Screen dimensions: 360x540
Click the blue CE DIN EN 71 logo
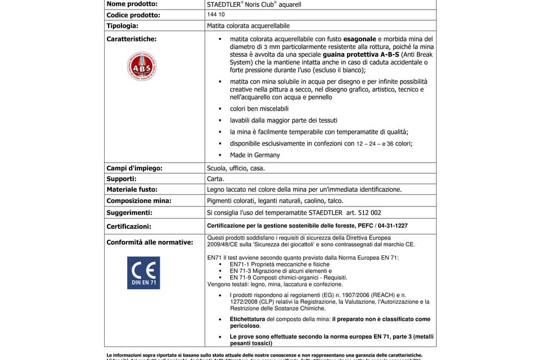click(143, 273)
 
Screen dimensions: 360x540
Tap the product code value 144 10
click(216, 15)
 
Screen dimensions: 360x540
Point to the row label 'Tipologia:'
click(122, 26)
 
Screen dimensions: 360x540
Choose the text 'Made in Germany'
click(255, 155)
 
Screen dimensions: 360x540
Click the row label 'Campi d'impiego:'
click(134, 168)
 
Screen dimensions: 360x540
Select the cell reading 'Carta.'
click(216, 179)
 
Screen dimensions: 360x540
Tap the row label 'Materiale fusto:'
click(132, 190)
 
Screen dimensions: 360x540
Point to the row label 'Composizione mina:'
click(138, 201)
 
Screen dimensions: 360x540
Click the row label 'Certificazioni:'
click(129, 226)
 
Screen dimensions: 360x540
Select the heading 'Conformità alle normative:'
click(150, 242)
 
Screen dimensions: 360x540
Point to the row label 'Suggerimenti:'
click(129, 213)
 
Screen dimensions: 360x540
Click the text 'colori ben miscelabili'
click(259, 108)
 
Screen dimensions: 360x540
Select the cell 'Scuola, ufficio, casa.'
click(236, 168)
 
